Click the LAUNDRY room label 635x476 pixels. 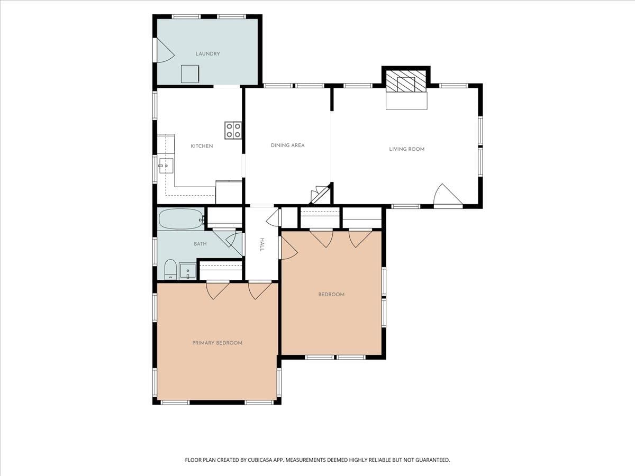(x=207, y=54)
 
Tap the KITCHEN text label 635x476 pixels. (x=202, y=147)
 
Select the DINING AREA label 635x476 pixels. (x=287, y=145)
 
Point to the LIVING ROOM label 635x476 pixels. (x=406, y=149)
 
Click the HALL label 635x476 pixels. (x=262, y=244)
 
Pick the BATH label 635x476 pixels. (x=200, y=244)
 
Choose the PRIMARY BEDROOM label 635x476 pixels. (x=217, y=343)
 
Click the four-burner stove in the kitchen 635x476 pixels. (x=233, y=130)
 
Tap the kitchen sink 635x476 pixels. (x=166, y=166)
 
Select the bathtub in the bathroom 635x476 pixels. (x=180, y=219)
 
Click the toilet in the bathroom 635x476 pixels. (x=170, y=269)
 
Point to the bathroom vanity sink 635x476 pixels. (x=187, y=271)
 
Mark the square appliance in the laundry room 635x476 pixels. (x=190, y=74)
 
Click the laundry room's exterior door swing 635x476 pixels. (x=165, y=50)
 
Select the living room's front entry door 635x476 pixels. (x=448, y=196)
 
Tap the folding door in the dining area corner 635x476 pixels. (x=321, y=194)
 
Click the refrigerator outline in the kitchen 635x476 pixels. (x=229, y=192)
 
